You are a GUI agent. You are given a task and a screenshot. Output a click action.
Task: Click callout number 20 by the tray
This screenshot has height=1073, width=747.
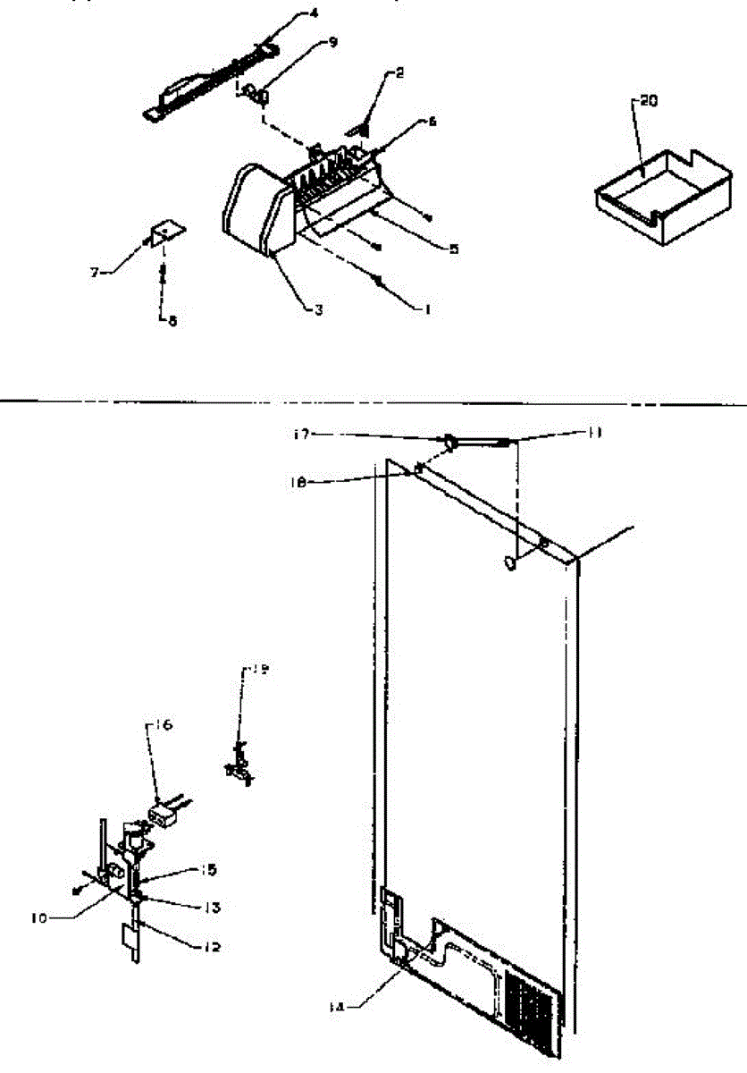(x=649, y=101)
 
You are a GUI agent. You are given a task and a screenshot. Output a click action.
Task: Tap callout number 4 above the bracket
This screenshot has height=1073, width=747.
(x=289, y=13)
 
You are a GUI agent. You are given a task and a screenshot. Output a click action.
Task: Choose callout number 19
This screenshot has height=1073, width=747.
(x=258, y=667)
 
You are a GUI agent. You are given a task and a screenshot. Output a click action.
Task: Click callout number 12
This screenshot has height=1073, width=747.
(x=211, y=947)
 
